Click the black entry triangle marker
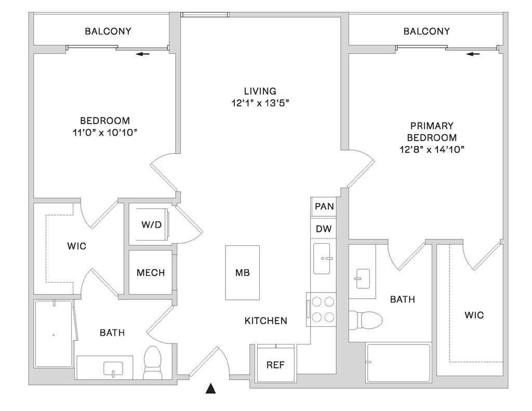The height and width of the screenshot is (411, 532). coord(211,389)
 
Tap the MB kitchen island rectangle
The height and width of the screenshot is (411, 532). coord(243,273)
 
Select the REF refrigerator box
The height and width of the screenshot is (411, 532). coord(275,364)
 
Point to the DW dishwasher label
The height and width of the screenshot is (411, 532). coord(324,229)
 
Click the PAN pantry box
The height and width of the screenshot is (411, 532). coord(324,206)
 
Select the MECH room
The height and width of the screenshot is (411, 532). coord(151,273)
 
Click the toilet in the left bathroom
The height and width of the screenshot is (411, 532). coord(152,362)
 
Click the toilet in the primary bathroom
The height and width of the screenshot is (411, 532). coord(366,319)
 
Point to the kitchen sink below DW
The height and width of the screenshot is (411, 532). coord(322,258)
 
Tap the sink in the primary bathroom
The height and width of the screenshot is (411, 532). coord(362,279)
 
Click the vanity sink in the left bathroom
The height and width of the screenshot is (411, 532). coord(113,369)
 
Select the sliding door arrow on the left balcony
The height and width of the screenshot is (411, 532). coord(143,54)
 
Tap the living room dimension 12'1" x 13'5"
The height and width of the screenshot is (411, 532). coord(260,103)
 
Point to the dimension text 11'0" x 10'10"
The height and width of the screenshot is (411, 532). coord(105,132)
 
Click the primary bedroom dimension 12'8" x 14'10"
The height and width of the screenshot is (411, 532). coord(432,149)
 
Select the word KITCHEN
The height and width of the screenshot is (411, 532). coord(266,321)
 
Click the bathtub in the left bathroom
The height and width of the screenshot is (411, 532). coord(54,334)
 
